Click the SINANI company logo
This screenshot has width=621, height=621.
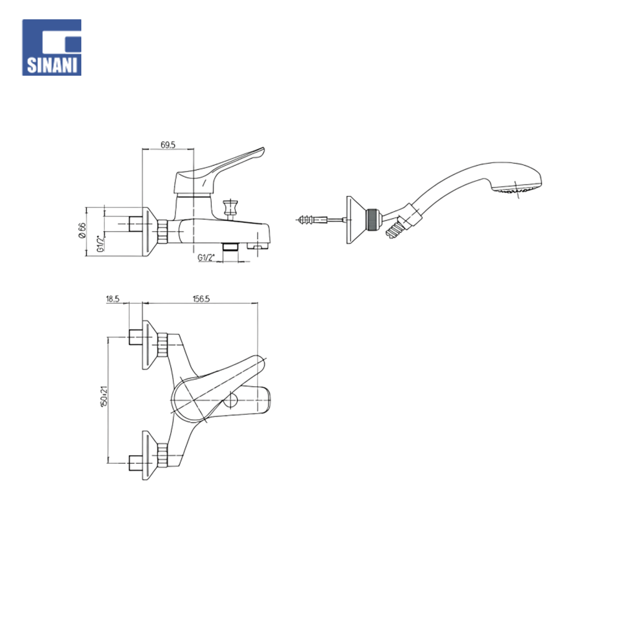(x=52, y=47)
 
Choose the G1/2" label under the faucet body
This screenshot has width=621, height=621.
(x=207, y=257)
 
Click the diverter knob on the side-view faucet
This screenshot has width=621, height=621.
(x=231, y=206)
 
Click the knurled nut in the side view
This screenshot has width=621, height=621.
(x=163, y=233)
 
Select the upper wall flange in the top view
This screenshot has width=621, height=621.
(x=149, y=345)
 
